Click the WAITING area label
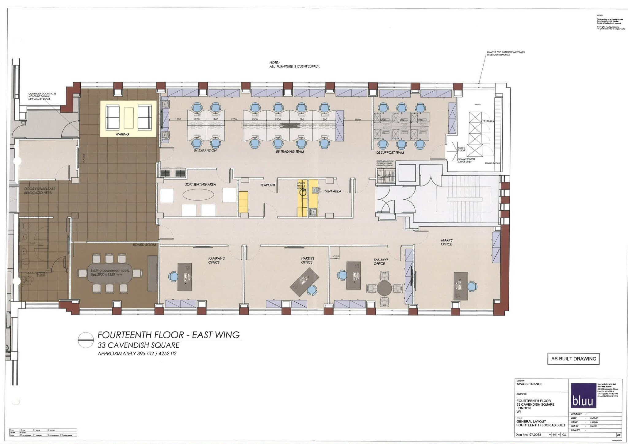coord(122,134)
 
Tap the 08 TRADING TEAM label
coord(290,152)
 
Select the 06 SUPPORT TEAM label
coord(390,152)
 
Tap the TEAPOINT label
coord(268,185)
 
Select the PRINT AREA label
coord(332,191)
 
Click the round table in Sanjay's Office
coord(385,288)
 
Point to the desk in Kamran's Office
coord(185,277)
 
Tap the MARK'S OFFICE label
coord(446,242)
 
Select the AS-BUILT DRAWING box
coord(573,359)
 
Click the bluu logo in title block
coord(582,396)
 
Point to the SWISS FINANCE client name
coord(530,384)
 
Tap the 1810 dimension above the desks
coord(358,120)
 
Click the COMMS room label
coord(487,121)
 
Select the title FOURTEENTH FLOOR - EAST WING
coord(168,335)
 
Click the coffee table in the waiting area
coord(128,118)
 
